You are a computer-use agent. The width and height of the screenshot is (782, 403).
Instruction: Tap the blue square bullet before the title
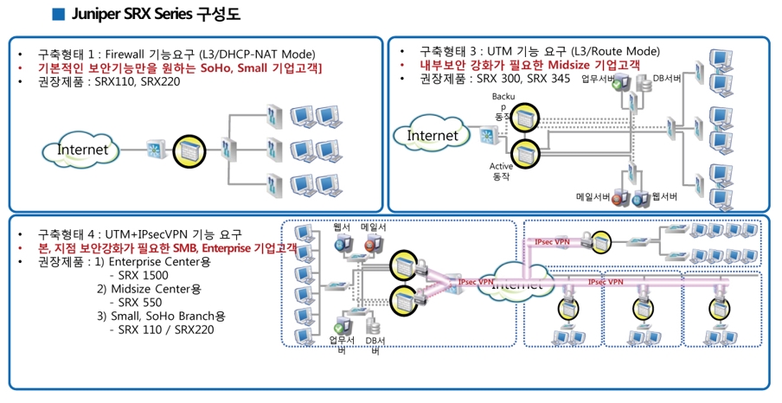59,15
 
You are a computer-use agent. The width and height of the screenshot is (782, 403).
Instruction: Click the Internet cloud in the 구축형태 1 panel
83,150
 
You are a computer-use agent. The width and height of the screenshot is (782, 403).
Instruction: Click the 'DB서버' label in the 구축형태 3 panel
667,79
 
